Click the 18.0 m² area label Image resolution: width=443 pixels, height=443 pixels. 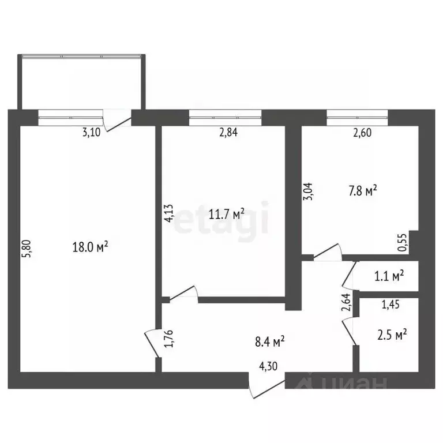pyautogui.click(x=90, y=247)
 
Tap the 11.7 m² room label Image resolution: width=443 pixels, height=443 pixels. pyautogui.click(x=226, y=214)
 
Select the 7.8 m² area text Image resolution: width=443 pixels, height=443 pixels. pyautogui.click(x=363, y=191)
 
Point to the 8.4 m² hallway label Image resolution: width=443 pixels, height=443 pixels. pyautogui.click(x=269, y=341)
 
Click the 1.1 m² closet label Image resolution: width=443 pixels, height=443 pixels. pyautogui.click(x=389, y=276)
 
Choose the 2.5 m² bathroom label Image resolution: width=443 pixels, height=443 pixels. pyautogui.click(x=392, y=335)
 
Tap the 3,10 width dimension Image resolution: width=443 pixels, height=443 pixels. pyautogui.click(x=91, y=133)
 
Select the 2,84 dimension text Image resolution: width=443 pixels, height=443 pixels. pyautogui.click(x=228, y=132)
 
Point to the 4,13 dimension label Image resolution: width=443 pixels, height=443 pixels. pyautogui.click(x=170, y=213)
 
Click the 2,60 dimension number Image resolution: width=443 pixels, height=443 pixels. pyautogui.click(x=362, y=132)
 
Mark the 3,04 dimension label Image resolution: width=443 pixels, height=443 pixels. pyautogui.click(x=309, y=192)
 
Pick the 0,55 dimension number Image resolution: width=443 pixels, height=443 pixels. pyautogui.click(x=402, y=242)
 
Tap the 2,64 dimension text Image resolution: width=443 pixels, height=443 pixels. pyautogui.click(x=346, y=302)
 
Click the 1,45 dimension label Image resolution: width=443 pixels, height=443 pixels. pyautogui.click(x=391, y=305)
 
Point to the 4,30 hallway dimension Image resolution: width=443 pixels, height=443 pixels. pyautogui.click(x=268, y=366)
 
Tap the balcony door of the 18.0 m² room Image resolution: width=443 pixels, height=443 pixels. pyautogui.click(x=117, y=121)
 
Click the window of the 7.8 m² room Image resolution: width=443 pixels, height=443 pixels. pyautogui.click(x=357, y=118)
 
